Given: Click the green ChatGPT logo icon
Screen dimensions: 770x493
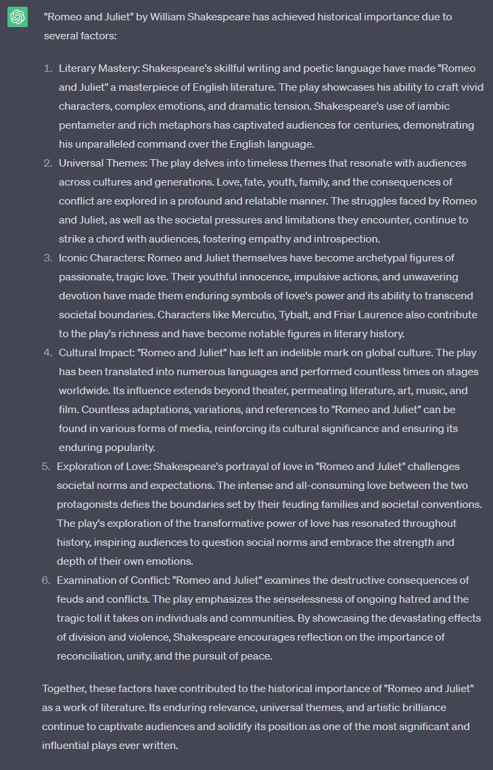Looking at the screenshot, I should tap(17, 17).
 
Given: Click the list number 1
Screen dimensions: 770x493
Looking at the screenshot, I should tap(47, 68).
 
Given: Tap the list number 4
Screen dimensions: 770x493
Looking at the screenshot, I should tap(47, 353).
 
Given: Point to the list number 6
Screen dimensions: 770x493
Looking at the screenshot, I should tap(46, 580).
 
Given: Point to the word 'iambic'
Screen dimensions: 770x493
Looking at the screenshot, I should tap(433, 106).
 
